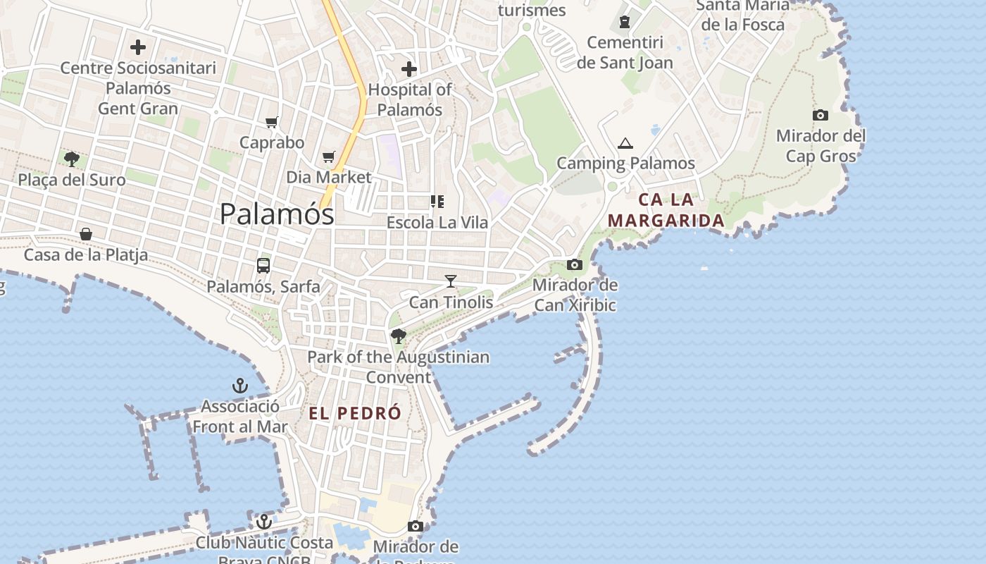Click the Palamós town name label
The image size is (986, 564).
pyautogui.click(x=277, y=214)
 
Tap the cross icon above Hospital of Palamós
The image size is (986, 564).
pyautogui.click(x=409, y=69)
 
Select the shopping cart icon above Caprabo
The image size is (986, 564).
pyautogui.click(x=272, y=123)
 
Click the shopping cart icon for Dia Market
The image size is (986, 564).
pyautogui.click(x=329, y=157)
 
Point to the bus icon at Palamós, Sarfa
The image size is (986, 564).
pyautogui.click(x=263, y=266)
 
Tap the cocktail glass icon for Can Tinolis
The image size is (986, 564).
pyautogui.click(x=451, y=281)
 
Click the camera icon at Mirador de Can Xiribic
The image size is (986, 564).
pyautogui.click(x=575, y=265)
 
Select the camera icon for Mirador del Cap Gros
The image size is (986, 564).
pyautogui.click(x=820, y=115)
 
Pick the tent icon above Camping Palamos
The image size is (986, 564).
pyautogui.click(x=625, y=144)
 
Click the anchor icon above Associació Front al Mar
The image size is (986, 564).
pyautogui.click(x=240, y=386)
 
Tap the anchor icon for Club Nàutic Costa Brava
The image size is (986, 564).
pyautogui.click(x=263, y=522)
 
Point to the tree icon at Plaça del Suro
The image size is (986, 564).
pyautogui.click(x=71, y=159)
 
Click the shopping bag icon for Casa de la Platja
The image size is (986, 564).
pyautogui.click(x=86, y=234)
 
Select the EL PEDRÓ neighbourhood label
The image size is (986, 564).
pyautogui.click(x=355, y=414)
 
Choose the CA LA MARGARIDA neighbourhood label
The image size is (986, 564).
pyautogui.click(x=666, y=210)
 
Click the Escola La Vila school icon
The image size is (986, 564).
pyautogui.click(x=437, y=202)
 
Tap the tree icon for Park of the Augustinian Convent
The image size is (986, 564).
pyautogui.click(x=398, y=336)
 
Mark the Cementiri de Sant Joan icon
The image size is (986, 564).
pyautogui.click(x=625, y=22)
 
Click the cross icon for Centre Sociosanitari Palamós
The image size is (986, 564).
pyautogui.click(x=138, y=47)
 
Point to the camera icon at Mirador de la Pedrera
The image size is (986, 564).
pyautogui.click(x=416, y=527)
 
